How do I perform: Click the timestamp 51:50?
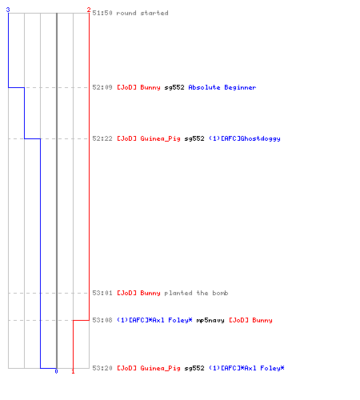point(102,13)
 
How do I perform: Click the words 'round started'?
point(142,13)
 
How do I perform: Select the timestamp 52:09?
point(102,87)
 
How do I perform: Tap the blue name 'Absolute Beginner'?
point(222,87)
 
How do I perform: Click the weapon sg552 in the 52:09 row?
point(174,87)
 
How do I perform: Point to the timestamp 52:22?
point(102,138)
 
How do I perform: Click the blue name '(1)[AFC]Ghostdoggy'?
point(245,138)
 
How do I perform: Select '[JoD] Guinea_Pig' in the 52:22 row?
point(149,138)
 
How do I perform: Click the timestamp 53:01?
point(102,293)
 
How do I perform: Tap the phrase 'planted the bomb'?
point(196,293)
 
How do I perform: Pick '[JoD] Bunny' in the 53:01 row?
point(138,293)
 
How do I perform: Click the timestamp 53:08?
point(102,320)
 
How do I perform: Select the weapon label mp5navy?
point(210,320)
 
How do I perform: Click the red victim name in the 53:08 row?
point(250,320)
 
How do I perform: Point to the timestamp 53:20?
point(102,368)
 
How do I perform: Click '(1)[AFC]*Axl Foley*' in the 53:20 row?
point(246,368)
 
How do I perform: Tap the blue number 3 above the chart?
point(8,10)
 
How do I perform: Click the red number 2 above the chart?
point(89,10)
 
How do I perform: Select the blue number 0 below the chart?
point(56,371)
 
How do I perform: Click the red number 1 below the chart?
point(73,371)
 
